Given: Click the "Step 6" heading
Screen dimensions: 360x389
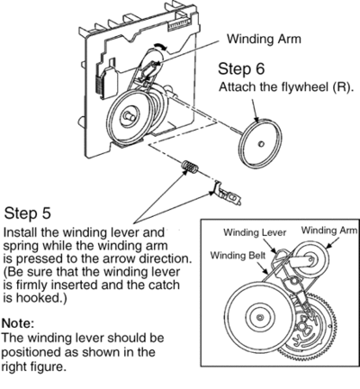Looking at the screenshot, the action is [241, 68].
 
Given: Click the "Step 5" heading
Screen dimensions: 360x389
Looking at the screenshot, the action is [28, 213].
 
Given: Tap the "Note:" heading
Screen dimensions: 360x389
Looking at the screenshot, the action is [18, 323].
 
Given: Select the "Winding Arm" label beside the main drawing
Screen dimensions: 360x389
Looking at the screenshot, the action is [264, 39].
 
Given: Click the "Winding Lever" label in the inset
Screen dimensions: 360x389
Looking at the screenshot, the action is [255, 232].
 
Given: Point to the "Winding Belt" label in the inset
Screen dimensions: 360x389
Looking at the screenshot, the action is [238, 256].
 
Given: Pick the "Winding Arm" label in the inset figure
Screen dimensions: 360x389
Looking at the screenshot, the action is [329, 231].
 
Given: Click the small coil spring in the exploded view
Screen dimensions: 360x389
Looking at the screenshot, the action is [189, 167].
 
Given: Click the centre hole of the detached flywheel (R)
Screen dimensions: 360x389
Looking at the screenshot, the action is [261, 144].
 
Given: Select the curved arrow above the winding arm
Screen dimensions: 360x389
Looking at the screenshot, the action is [159, 46].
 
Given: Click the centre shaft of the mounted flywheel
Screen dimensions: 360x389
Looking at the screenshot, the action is [130, 116].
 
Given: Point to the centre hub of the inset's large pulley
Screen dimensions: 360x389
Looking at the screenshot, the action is [260, 317].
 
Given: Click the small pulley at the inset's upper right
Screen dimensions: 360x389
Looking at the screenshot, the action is [310, 258].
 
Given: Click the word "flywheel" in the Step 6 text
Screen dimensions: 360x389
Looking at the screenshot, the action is [303, 86].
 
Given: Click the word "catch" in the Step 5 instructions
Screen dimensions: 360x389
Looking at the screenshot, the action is [164, 285].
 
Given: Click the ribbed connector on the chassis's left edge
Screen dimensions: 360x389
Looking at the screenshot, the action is [100, 85].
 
